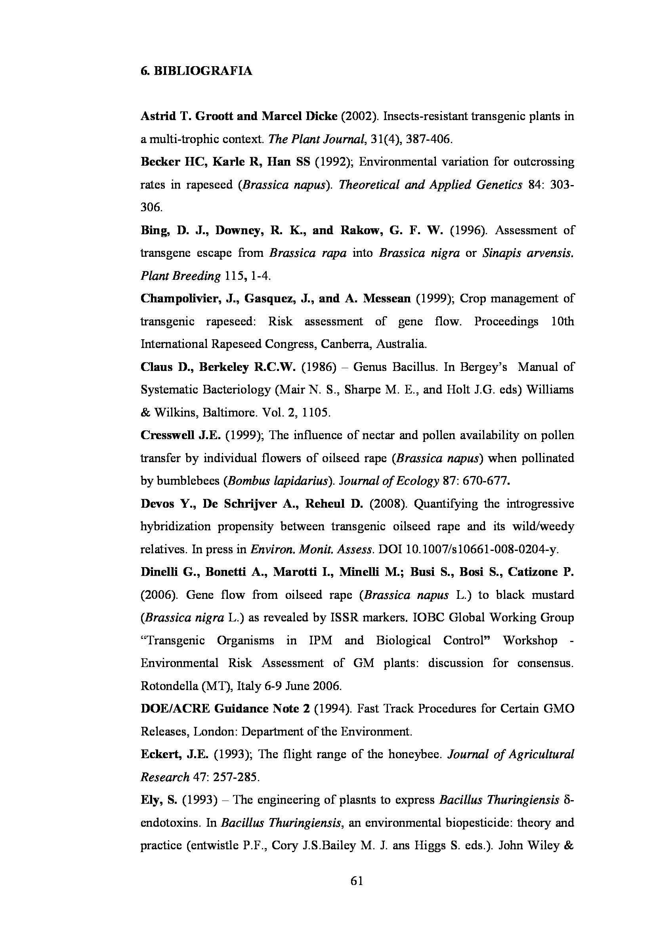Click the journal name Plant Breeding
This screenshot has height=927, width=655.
180,276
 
